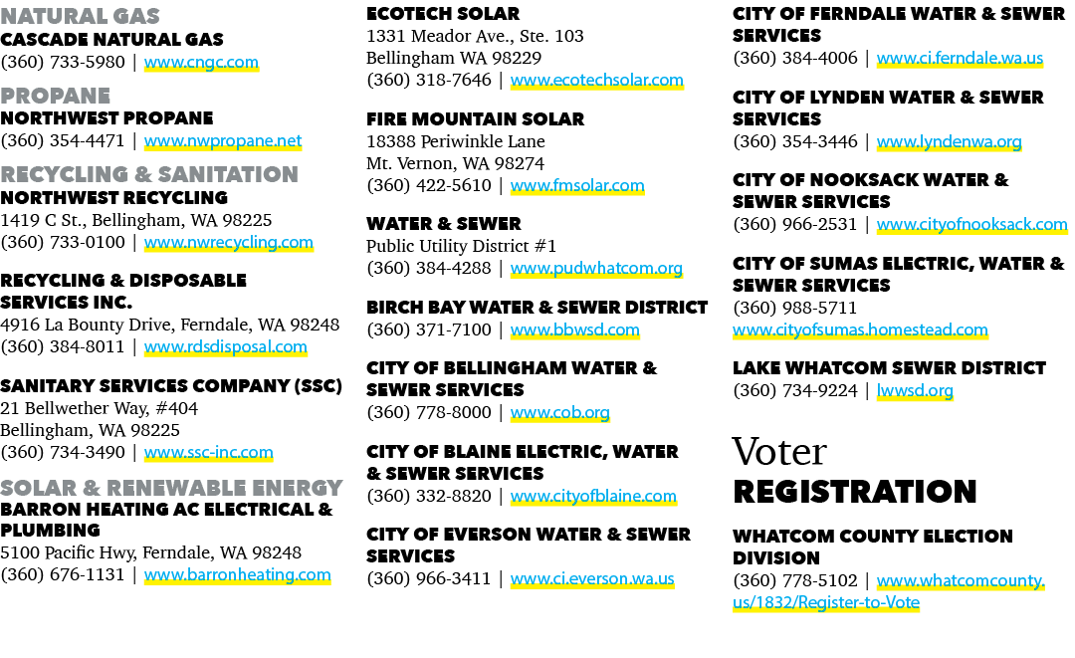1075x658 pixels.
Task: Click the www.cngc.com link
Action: point(201,63)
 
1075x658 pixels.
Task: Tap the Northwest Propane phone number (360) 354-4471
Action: point(63,140)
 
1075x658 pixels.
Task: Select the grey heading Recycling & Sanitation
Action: point(148,174)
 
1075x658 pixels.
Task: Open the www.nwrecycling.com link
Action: point(228,243)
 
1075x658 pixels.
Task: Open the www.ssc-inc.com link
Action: point(208,452)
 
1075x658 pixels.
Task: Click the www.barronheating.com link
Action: point(237,575)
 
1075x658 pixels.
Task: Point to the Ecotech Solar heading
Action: point(443,14)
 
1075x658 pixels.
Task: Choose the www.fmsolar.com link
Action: point(577,186)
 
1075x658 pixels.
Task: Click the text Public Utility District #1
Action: point(462,246)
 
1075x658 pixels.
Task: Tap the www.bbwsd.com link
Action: point(575,329)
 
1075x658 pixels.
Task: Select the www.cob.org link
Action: point(560,413)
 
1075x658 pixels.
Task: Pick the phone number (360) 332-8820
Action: point(429,496)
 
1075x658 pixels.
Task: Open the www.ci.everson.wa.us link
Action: point(592,579)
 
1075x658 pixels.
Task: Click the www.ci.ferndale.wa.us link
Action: point(960,59)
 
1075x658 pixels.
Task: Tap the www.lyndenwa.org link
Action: point(949,142)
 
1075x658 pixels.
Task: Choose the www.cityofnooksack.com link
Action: point(972,225)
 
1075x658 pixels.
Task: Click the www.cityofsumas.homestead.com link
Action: point(860,329)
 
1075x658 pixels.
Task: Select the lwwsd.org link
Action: point(915,390)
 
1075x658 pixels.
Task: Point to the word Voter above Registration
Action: point(779,452)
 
